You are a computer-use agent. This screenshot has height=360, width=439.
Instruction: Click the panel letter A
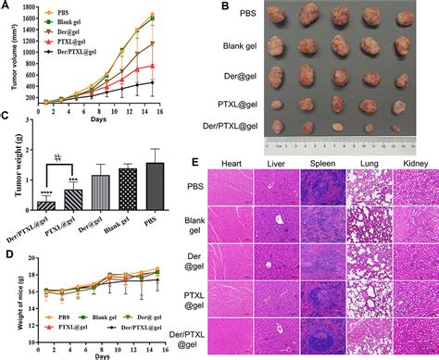(x=6, y=6)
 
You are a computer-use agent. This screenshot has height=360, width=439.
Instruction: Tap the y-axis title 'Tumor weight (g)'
(x=7, y=168)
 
